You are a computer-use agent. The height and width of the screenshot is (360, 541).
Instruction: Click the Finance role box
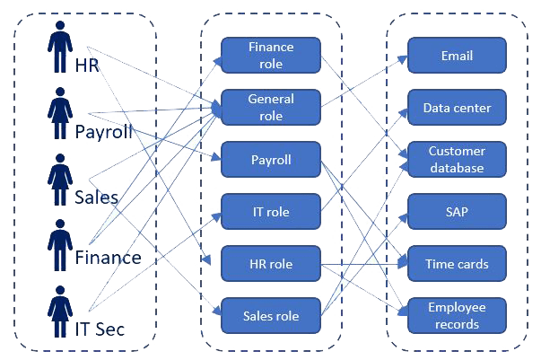pyautogui.click(x=271, y=56)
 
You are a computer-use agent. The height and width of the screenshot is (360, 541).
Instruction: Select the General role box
pyautogui.click(x=271, y=108)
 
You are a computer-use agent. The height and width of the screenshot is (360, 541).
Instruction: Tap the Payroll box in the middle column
pyautogui.click(x=271, y=160)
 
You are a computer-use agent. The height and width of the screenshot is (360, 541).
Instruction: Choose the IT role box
pyautogui.click(x=271, y=212)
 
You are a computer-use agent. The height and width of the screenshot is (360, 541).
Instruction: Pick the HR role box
pyautogui.click(x=271, y=264)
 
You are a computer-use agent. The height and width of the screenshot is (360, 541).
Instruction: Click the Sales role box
pyautogui.click(x=271, y=316)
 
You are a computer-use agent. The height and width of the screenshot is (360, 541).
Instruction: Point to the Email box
pyautogui.click(x=457, y=56)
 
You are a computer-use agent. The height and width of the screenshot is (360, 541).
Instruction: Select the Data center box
pyautogui.click(x=457, y=108)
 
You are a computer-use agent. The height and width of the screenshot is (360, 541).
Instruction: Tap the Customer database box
pyautogui.click(x=457, y=160)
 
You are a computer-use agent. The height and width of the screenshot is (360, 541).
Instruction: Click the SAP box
pyautogui.click(x=457, y=212)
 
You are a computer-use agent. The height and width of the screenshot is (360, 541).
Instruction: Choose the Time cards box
pyautogui.click(x=457, y=264)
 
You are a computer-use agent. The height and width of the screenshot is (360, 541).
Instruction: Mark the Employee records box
pyautogui.click(x=457, y=316)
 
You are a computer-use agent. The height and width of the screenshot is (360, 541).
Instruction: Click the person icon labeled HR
pyautogui.click(x=60, y=47)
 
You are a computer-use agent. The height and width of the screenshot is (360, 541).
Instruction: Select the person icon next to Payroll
pyautogui.click(x=60, y=113)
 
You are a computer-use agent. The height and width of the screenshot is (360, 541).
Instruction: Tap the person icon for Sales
pyautogui.click(x=60, y=180)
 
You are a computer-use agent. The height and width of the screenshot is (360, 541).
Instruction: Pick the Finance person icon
pyautogui.click(x=60, y=245)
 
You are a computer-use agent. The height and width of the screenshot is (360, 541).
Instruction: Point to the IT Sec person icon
pyautogui.click(x=60, y=312)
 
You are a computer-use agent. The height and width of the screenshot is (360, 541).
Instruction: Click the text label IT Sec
pyautogui.click(x=100, y=329)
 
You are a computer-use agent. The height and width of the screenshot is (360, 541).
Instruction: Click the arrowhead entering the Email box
pyautogui.click(x=403, y=59)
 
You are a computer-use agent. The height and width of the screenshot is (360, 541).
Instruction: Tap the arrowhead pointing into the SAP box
pyautogui.click(x=404, y=218)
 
